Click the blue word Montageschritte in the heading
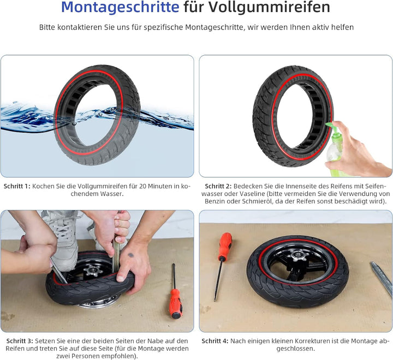pos(120,8)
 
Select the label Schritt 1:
pos(16,186)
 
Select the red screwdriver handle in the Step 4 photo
pos(224,247)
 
